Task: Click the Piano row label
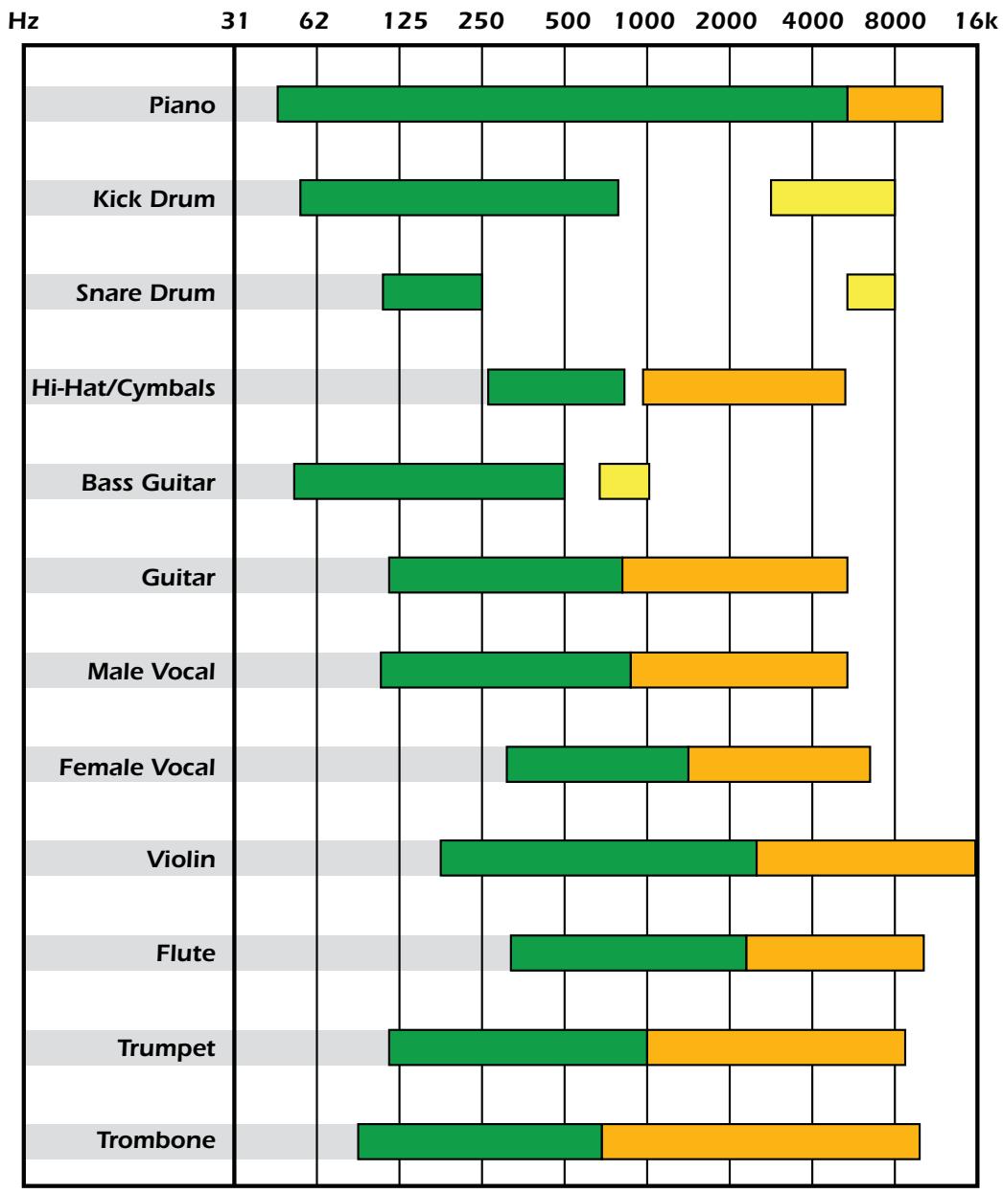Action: [x=182, y=104]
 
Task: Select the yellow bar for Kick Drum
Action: [x=832, y=197]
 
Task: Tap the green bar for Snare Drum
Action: [x=432, y=292]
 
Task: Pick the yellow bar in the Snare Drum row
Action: [x=871, y=292]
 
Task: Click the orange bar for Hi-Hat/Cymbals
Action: [x=744, y=386]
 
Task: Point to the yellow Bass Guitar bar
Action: [x=624, y=481]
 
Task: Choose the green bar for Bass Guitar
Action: [x=429, y=481]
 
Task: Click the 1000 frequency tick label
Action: [x=645, y=22]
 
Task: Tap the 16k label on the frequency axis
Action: [x=976, y=22]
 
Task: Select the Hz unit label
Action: [x=22, y=22]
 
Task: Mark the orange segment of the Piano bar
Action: [x=895, y=104]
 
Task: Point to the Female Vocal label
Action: [x=137, y=767]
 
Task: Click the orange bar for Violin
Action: [x=866, y=858]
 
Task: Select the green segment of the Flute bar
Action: [x=628, y=953]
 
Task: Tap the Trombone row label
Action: [x=155, y=1140]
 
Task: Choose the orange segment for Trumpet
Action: [x=776, y=1046]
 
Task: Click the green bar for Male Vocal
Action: [x=505, y=670]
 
